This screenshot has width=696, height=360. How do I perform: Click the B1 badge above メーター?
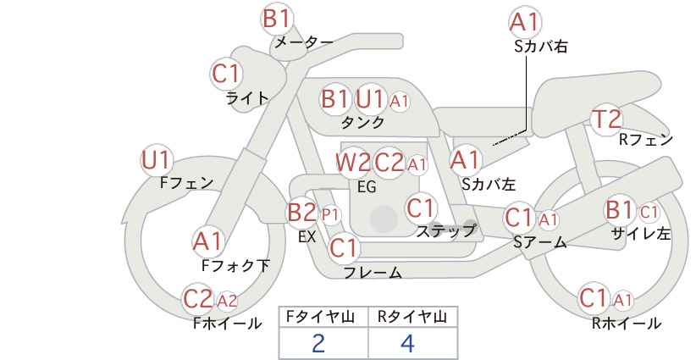tap(277, 19)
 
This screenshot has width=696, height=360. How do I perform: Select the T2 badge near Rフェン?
tap(606, 119)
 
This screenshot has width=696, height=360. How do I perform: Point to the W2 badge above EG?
tap(353, 163)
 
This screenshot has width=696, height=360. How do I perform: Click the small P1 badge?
tap(329, 215)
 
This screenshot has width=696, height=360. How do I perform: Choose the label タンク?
tap(362, 122)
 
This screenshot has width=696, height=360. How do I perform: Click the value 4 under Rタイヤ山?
tap(407, 344)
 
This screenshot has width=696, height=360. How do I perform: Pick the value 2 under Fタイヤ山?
tap(318, 344)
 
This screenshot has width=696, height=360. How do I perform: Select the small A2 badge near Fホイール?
tap(227, 301)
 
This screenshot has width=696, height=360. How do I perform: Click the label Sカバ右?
tap(541, 47)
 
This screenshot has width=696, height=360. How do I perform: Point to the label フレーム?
tap(373, 272)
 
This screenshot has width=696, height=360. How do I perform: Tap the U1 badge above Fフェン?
tap(157, 161)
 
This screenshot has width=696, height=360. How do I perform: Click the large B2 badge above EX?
tap(301, 213)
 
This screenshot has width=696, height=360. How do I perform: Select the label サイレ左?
tap(641, 234)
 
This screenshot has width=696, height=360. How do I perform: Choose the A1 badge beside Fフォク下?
tap(207, 242)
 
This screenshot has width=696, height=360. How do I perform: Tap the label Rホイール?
tap(627, 324)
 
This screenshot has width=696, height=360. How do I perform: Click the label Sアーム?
tap(540, 242)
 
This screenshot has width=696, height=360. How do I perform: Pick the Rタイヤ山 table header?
tap(412, 317)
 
